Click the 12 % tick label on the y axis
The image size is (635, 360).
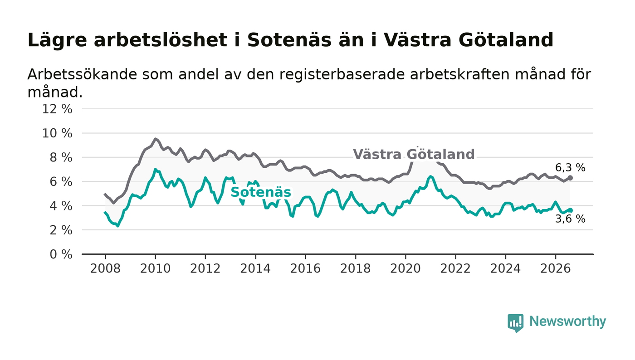pos(57,109)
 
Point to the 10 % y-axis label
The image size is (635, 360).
pos(57,133)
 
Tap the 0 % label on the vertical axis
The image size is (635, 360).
pos(61,254)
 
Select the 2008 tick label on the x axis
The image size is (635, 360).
pos(105,269)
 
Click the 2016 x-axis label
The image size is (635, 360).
pos(305,269)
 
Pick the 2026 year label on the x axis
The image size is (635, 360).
pos(555,269)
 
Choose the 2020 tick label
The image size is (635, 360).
pos(405,269)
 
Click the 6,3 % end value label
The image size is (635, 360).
pos(570,168)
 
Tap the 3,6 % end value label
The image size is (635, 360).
pos(570,219)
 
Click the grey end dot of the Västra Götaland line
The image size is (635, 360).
pos(571,178)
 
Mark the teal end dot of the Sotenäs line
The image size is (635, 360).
pos(571,210)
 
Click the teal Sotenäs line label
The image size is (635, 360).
pos(261,192)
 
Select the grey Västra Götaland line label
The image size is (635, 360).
pos(414,154)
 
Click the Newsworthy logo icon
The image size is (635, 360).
pos(515,323)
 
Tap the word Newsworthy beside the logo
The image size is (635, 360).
pos(567,321)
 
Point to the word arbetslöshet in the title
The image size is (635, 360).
pos(161,40)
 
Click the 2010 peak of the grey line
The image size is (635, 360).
pos(155,139)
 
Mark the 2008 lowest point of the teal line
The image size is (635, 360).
pos(118,226)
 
